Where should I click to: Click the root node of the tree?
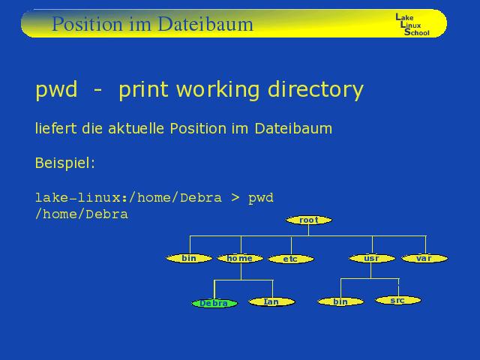(x=308, y=220)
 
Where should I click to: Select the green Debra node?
(x=214, y=303)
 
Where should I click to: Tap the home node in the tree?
(x=240, y=258)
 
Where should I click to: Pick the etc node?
(x=291, y=259)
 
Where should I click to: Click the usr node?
(x=372, y=258)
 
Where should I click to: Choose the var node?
(x=424, y=258)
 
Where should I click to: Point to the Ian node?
(x=271, y=301)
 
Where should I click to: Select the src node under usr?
(x=398, y=300)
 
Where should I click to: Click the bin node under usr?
(x=340, y=301)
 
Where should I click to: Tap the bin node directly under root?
(x=189, y=258)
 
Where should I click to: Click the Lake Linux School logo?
(x=412, y=25)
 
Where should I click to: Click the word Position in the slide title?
(x=87, y=24)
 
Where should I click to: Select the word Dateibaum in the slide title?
(x=205, y=24)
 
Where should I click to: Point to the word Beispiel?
(x=65, y=163)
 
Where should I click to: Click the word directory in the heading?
(x=316, y=90)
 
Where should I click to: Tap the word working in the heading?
(x=218, y=90)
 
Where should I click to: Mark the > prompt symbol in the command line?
(x=235, y=197)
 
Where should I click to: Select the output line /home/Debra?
(x=82, y=214)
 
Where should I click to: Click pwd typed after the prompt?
(x=261, y=198)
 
